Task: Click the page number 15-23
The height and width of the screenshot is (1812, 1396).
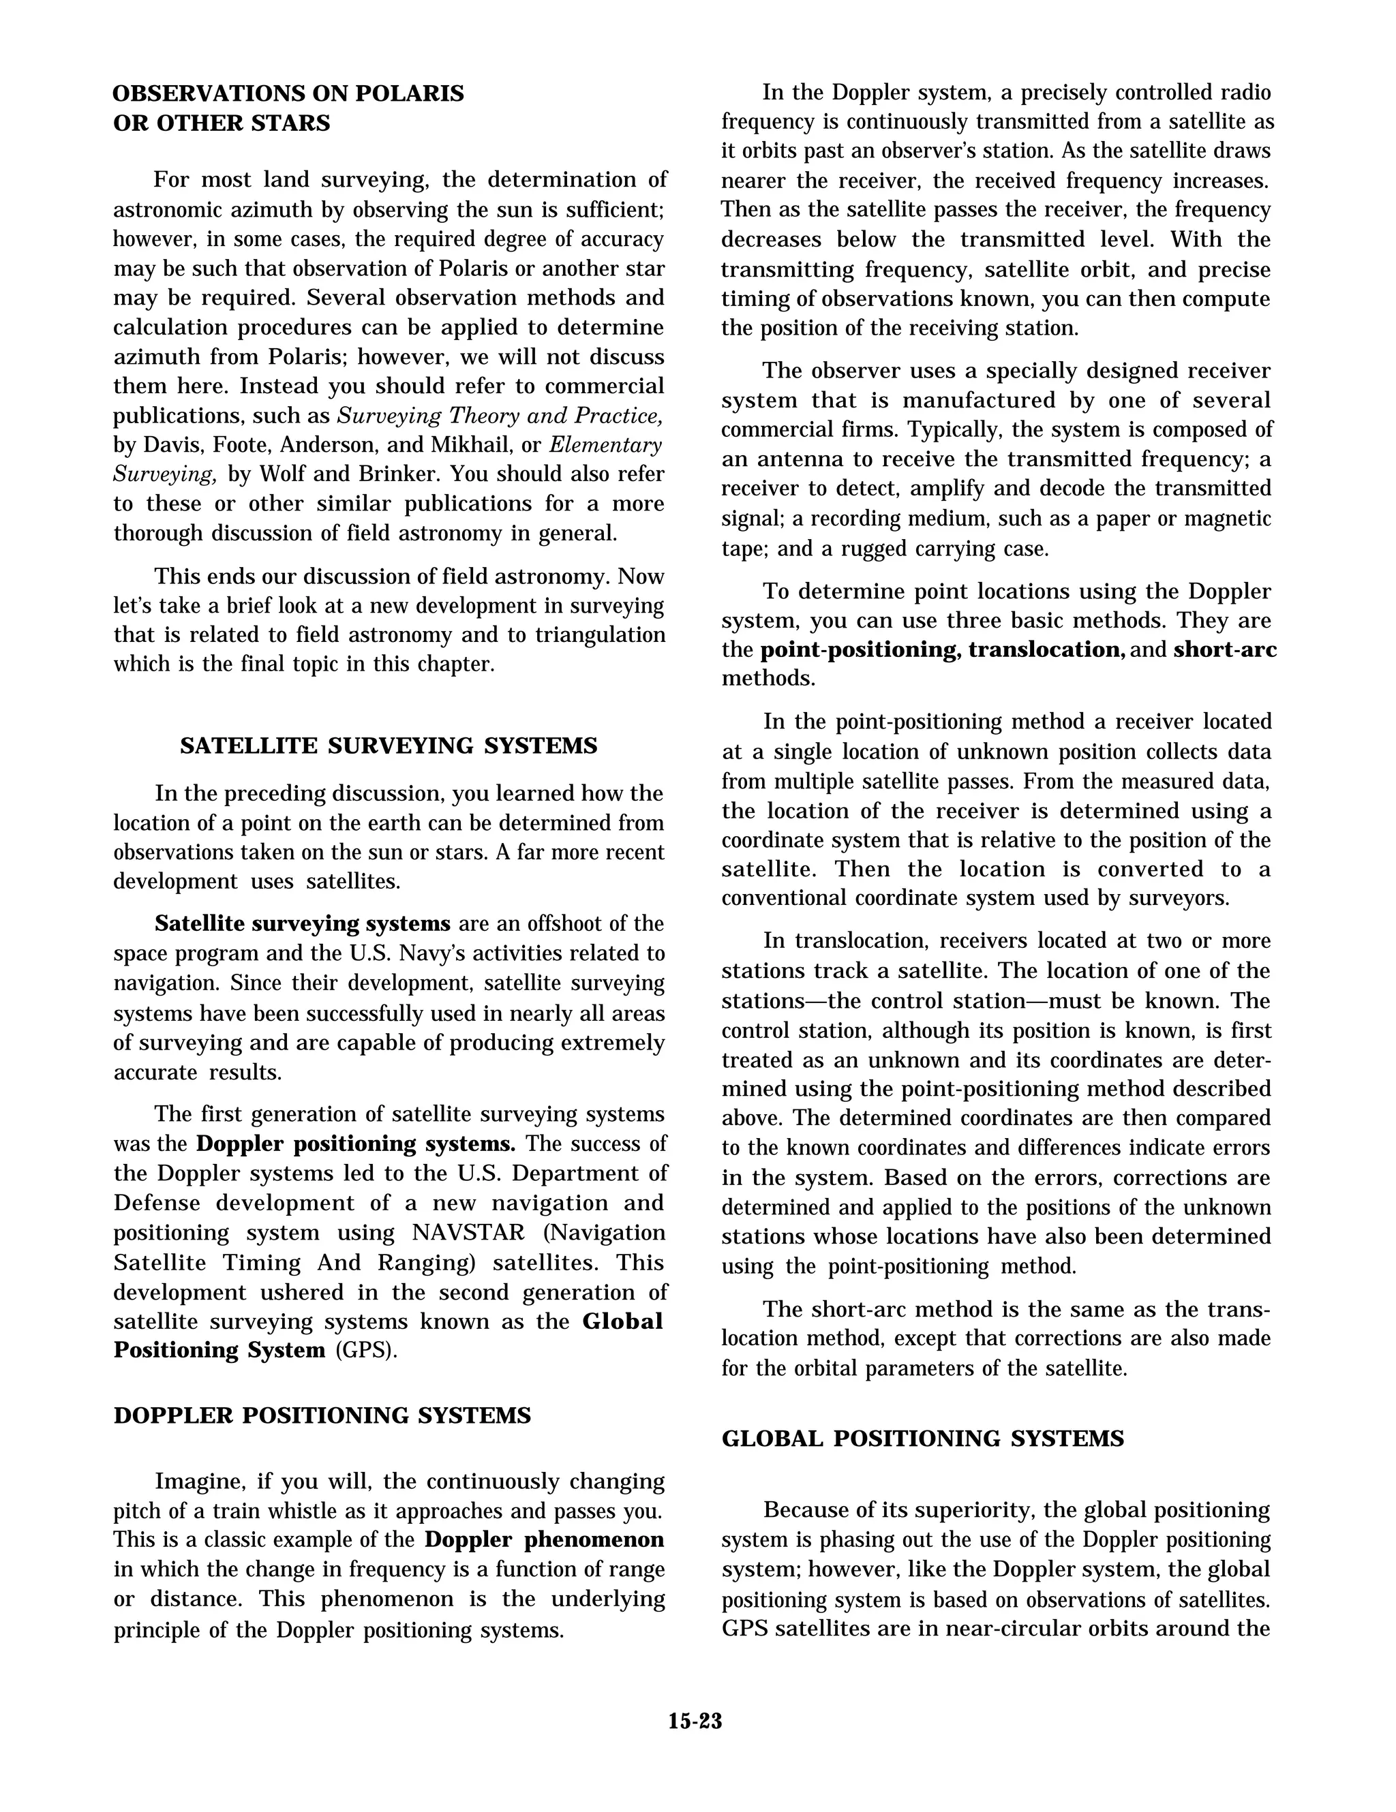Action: click(695, 1721)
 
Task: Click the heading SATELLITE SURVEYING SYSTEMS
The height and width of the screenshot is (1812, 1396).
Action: click(389, 746)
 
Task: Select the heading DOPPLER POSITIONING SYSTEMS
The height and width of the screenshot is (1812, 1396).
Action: click(322, 1415)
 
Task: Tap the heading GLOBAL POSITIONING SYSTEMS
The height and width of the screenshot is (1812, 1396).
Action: click(922, 1439)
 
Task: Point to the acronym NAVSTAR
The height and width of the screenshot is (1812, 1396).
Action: click(468, 1233)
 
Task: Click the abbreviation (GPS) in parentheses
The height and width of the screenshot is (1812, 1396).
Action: click(366, 1350)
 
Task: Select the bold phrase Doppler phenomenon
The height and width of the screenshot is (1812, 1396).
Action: click(544, 1540)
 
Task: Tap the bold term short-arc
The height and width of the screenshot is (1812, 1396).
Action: click(1224, 649)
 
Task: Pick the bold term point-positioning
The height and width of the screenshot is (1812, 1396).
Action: click(860, 649)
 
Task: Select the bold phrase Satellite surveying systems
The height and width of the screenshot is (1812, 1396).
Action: click(302, 924)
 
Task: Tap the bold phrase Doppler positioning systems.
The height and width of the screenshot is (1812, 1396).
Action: click(355, 1144)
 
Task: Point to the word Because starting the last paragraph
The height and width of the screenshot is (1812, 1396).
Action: click(805, 1510)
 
